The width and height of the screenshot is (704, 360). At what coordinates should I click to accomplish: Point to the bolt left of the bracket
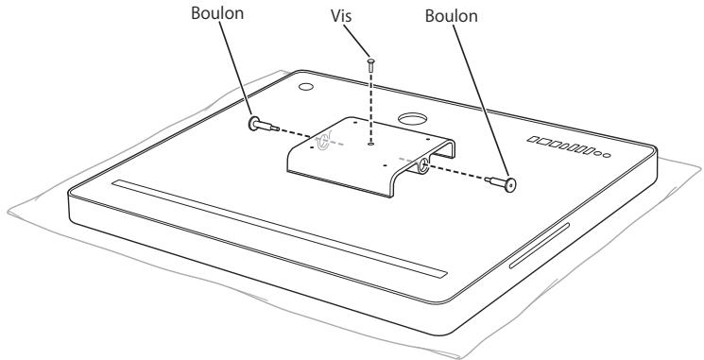point(259,125)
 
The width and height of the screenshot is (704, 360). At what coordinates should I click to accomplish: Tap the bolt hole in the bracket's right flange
point(421,165)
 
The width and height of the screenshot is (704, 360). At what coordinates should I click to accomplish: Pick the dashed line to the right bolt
point(463,176)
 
